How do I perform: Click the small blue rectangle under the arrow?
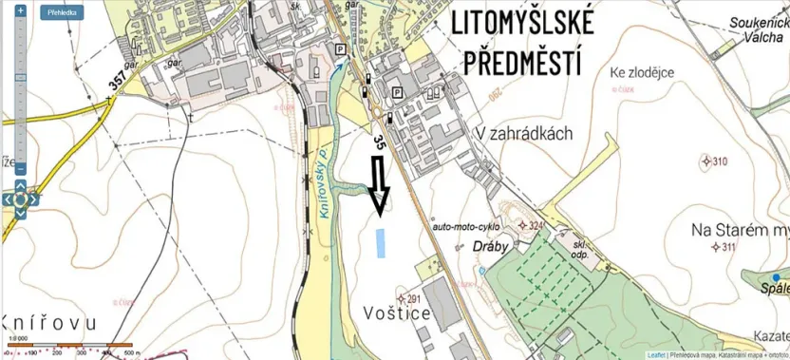point(381,243)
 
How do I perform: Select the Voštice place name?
point(398,313)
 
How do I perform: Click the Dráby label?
point(492,245)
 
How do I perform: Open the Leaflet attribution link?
point(655,355)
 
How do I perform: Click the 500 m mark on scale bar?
point(127,353)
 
